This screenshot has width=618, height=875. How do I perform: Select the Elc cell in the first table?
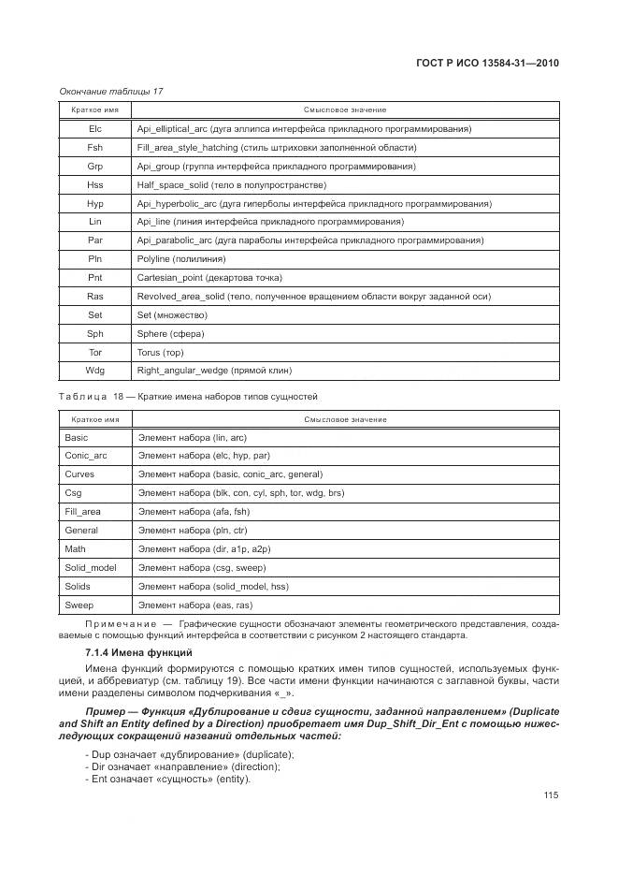point(94,128)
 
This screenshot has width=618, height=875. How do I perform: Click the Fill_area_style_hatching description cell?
point(276,147)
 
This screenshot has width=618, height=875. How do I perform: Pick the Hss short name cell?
point(94,184)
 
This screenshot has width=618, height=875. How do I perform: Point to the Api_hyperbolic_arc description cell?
point(313,203)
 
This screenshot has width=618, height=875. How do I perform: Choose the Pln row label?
point(94,259)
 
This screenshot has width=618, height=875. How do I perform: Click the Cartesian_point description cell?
point(208,278)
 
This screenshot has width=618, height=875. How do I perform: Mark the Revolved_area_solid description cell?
point(313,297)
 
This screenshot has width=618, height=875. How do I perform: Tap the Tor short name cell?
point(94,353)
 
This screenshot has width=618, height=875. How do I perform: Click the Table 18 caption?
point(188,397)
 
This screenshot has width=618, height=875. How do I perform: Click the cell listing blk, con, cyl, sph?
point(240,493)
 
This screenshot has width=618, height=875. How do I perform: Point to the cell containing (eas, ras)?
point(194,605)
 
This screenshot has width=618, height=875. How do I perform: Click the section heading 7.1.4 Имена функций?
point(137,651)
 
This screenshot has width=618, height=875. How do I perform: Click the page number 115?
point(549,795)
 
